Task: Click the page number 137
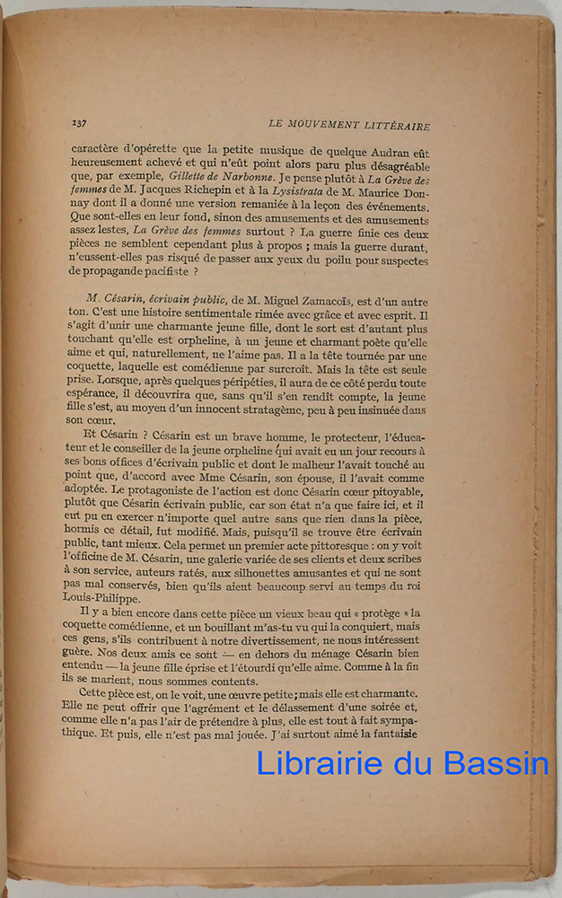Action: (x=83, y=124)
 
